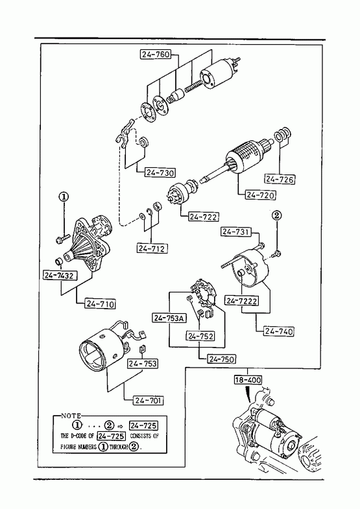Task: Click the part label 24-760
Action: pos(156,54)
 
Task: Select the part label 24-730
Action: pos(160,172)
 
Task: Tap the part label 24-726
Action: pos(280,179)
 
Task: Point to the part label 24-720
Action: pos(260,195)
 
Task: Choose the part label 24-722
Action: pos(204,217)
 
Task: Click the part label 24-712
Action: pos(152,248)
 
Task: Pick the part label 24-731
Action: pos(236,231)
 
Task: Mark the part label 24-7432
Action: pos(60,276)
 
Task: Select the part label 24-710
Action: pos(100,304)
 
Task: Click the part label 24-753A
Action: pos(169,318)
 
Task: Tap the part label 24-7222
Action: pos(241,301)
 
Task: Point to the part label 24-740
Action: pos(278,331)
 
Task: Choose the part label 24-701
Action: pos(148,401)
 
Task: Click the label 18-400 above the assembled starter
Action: pos(248,380)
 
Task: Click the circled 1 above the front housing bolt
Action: pos(64,196)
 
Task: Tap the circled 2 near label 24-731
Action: pos(276,215)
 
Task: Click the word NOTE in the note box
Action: pos(71,416)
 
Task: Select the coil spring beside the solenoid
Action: pos(193,87)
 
